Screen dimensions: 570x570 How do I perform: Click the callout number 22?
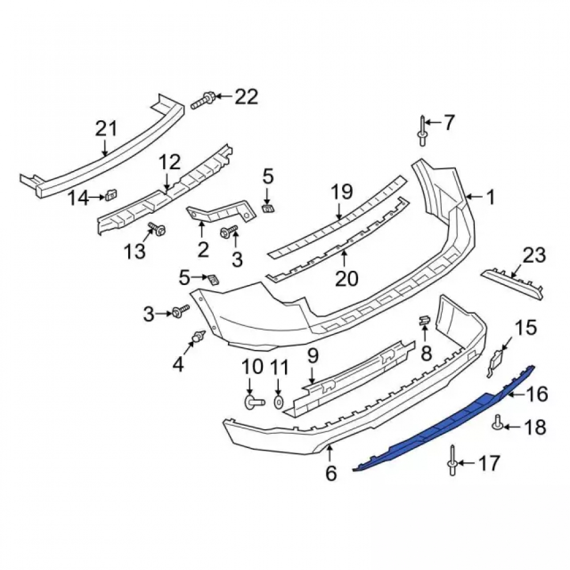[x=246, y=97]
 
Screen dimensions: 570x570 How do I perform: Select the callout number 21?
[x=107, y=129]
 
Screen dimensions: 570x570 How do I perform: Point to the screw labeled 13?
[x=157, y=229]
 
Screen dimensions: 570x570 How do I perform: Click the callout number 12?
[x=169, y=162]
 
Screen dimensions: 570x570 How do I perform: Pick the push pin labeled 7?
[x=422, y=131]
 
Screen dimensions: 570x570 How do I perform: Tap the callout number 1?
[x=491, y=197]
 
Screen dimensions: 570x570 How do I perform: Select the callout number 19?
[x=341, y=192]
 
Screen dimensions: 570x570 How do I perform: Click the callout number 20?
[x=347, y=279]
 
